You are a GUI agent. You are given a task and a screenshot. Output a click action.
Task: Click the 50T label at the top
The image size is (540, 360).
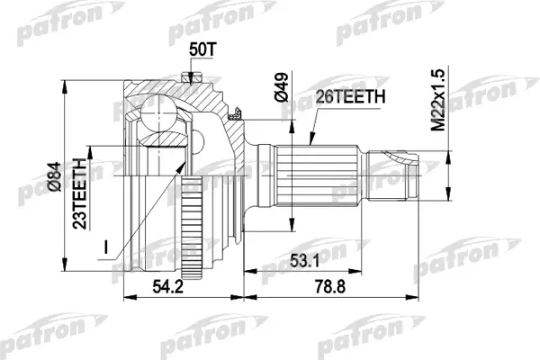[x=202, y=49]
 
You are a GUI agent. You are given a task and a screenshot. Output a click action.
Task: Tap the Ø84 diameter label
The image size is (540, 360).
[x=54, y=176]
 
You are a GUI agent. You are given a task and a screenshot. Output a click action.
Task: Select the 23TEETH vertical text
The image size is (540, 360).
[x=80, y=193]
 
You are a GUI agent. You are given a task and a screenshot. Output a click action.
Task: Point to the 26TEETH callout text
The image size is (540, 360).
[x=350, y=97]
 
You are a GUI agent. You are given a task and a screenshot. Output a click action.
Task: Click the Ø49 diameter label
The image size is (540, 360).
[x=281, y=87]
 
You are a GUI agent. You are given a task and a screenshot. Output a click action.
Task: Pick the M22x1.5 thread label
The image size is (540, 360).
[x=438, y=100]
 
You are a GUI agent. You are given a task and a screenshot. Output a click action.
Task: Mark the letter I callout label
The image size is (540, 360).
[x=106, y=247]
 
